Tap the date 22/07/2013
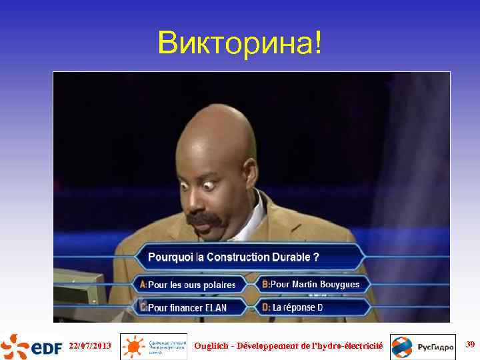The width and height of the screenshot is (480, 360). click(x=90, y=345)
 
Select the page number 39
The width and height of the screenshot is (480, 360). click(x=470, y=345)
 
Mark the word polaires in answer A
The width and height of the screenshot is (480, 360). click(x=219, y=285)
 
